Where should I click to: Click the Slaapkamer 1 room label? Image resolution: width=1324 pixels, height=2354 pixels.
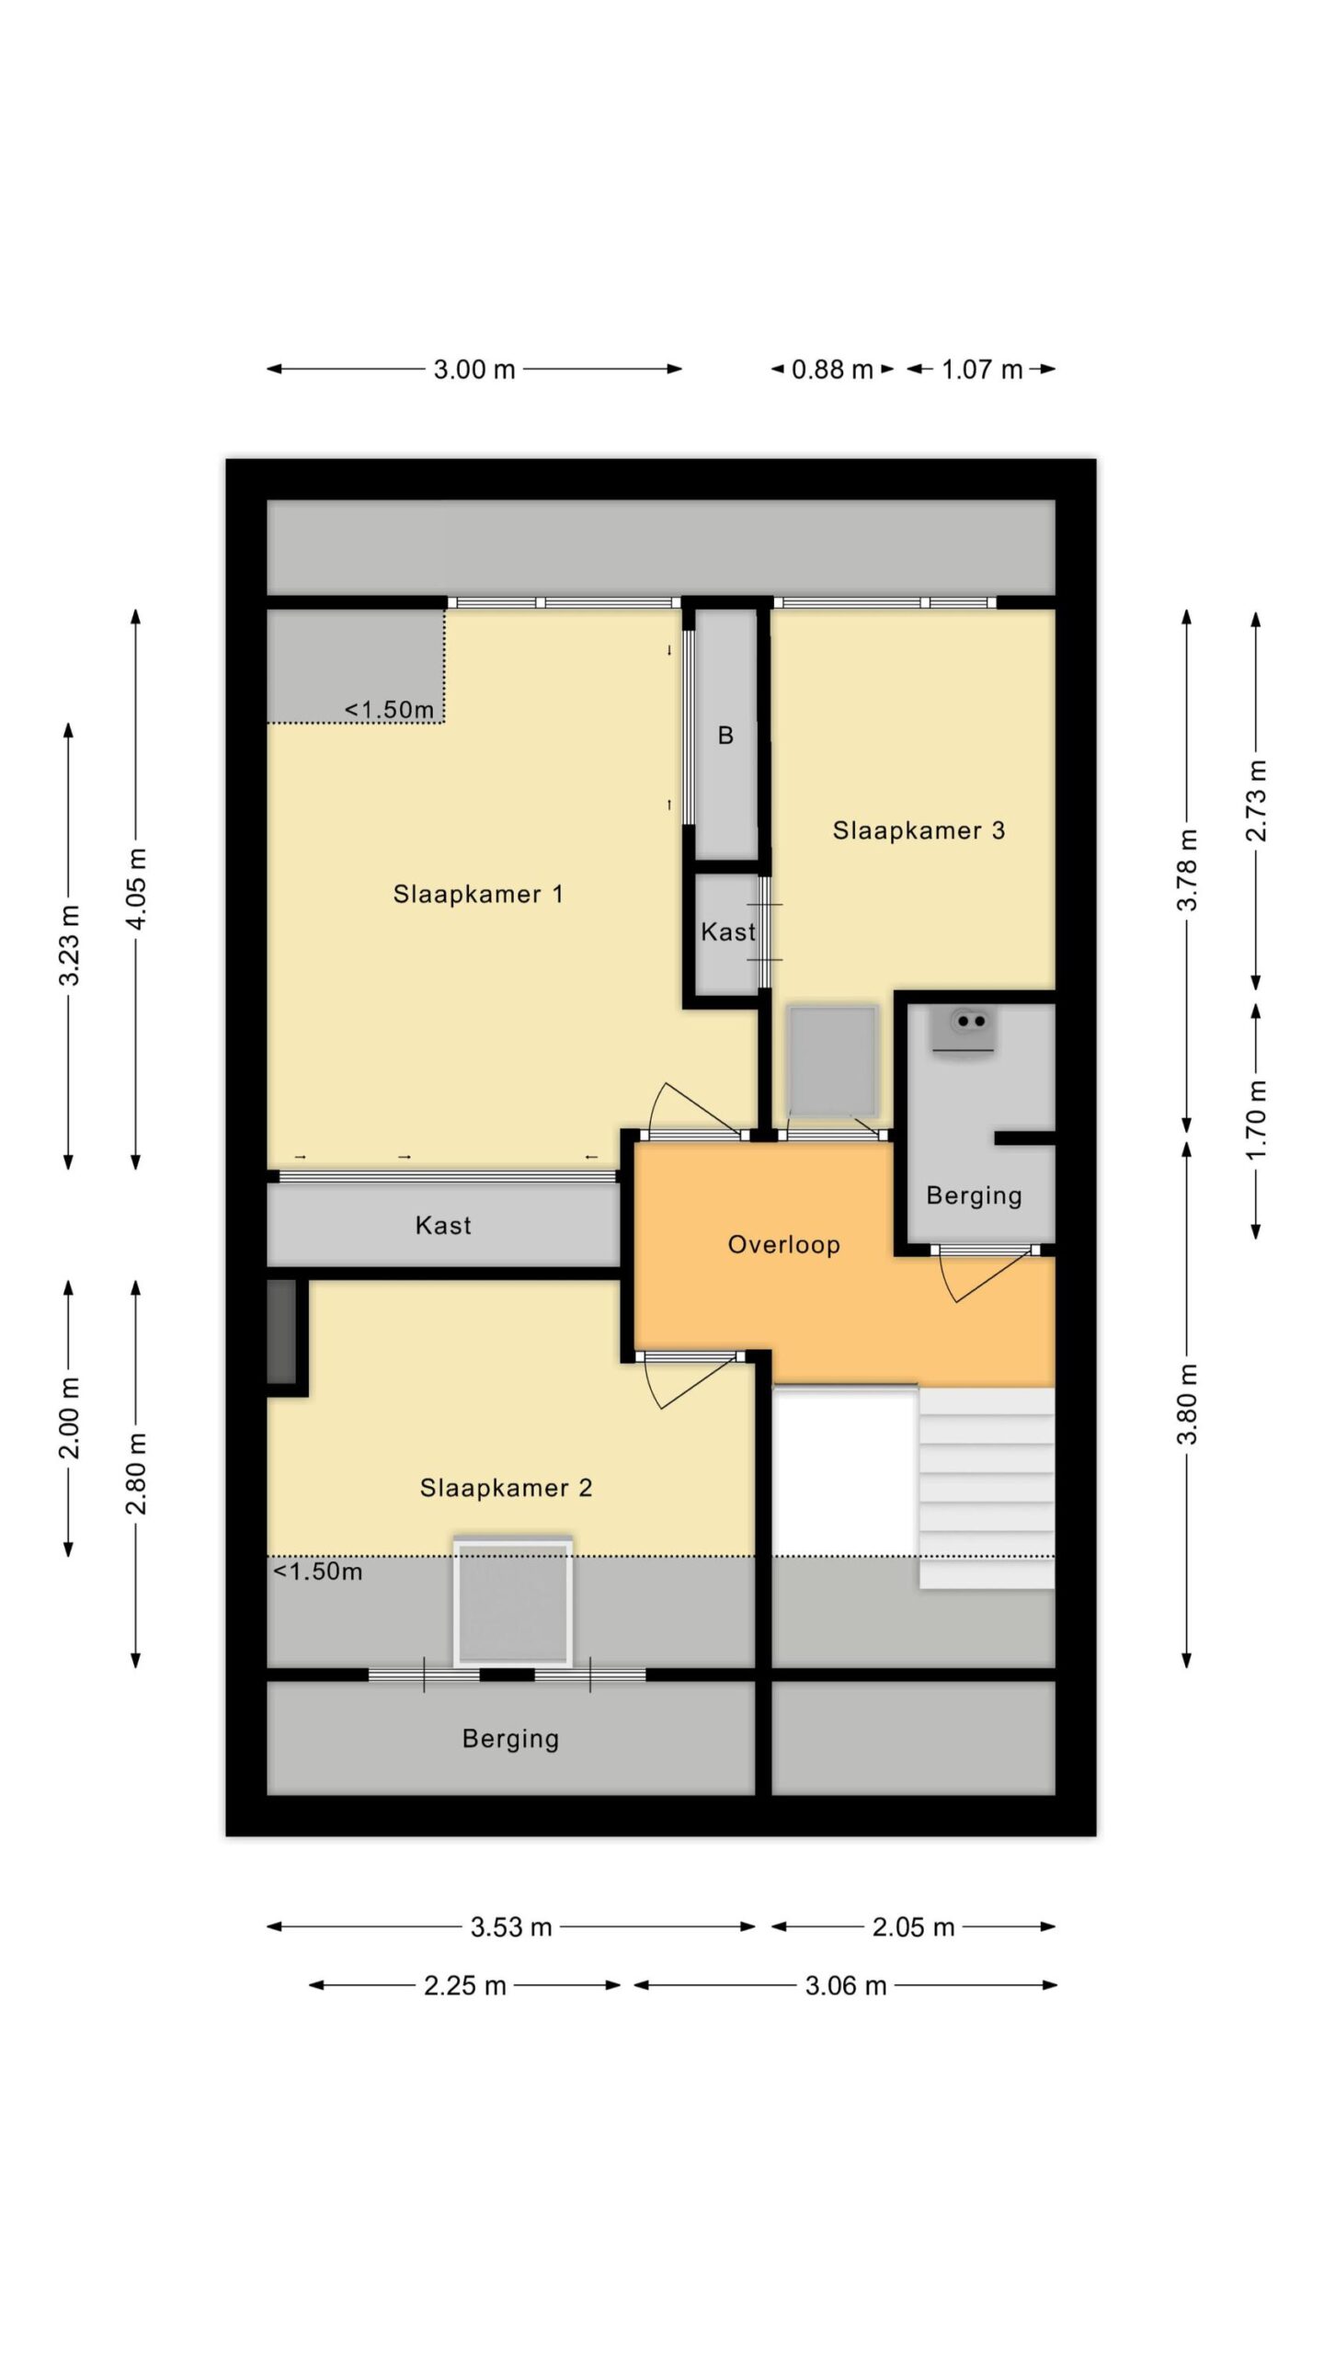click(x=477, y=894)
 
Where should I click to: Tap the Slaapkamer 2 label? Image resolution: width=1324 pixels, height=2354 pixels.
click(x=506, y=1487)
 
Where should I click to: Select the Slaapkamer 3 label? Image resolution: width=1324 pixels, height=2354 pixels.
click(x=919, y=830)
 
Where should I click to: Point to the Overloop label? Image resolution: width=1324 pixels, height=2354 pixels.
click(x=783, y=1245)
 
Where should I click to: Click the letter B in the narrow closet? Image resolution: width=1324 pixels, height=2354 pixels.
click(x=725, y=736)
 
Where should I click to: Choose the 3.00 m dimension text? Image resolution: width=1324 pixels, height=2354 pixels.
click(x=474, y=370)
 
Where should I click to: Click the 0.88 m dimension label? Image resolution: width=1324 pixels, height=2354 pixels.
click(x=832, y=370)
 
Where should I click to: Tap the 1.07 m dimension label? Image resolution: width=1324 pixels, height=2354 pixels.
click(x=982, y=370)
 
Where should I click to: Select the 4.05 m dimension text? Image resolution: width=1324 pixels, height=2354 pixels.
click(x=136, y=888)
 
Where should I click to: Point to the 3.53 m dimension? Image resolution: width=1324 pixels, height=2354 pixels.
click(x=511, y=1926)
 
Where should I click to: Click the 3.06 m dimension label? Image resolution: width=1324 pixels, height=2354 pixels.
click(x=846, y=1985)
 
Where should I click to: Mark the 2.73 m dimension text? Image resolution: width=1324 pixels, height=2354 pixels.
click(x=1256, y=801)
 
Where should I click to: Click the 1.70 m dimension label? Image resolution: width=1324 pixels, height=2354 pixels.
click(x=1256, y=1119)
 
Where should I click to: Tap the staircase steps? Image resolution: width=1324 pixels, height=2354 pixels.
click(x=987, y=1488)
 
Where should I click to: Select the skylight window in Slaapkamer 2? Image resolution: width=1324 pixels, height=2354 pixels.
click(x=513, y=1602)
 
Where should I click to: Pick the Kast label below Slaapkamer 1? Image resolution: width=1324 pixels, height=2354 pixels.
click(x=443, y=1225)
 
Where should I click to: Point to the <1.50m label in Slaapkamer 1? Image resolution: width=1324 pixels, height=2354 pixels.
click(x=389, y=710)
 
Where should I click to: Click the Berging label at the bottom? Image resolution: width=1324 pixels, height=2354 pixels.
click(x=510, y=1739)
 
